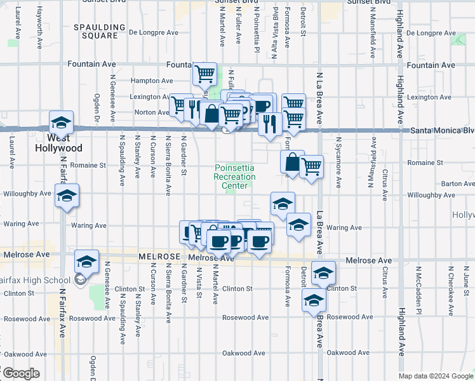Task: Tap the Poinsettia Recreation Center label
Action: [234, 177]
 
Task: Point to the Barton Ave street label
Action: [458, 184]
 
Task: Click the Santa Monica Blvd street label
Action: [442, 131]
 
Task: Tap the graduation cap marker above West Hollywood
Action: [62, 122]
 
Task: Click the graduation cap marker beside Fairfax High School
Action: [87, 261]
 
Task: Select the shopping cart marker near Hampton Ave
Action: [205, 74]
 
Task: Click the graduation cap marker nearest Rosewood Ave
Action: [314, 302]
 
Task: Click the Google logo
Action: [20, 373]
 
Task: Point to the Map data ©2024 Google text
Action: [436, 376]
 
